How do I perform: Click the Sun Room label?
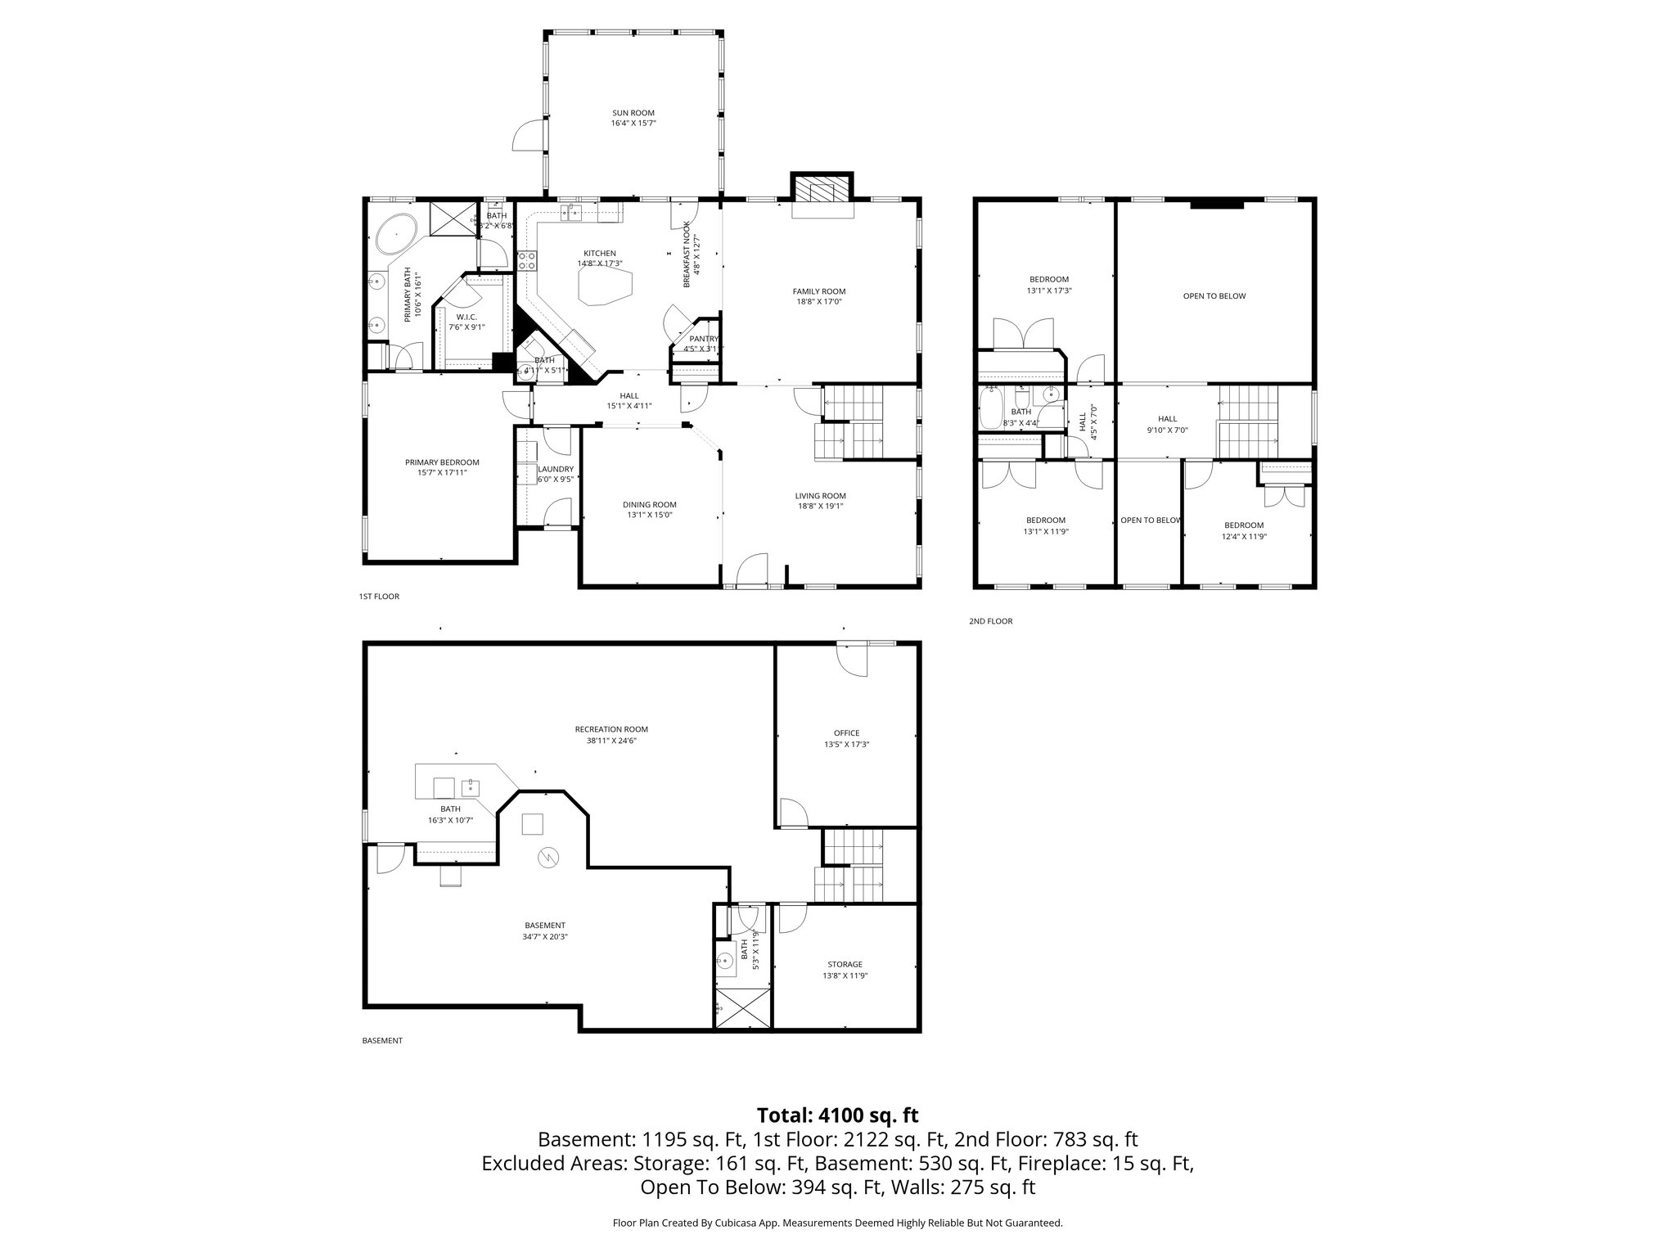(633, 113)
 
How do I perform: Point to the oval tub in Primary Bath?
(396, 233)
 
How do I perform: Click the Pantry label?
(703, 339)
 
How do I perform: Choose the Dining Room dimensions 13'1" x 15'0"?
(650, 515)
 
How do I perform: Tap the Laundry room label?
(556, 469)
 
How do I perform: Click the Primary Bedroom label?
(442, 462)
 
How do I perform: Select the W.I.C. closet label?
(466, 317)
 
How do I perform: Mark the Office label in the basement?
(846, 732)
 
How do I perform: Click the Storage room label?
(845, 964)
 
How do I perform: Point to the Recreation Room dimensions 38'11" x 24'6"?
(611, 741)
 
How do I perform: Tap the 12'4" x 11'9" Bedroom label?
(1243, 525)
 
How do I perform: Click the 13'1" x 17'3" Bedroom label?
(1048, 279)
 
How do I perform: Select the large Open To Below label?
(1214, 296)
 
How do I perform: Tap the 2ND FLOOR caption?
(990, 621)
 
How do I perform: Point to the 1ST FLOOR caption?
(379, 597)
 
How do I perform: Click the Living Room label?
(820, 495)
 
